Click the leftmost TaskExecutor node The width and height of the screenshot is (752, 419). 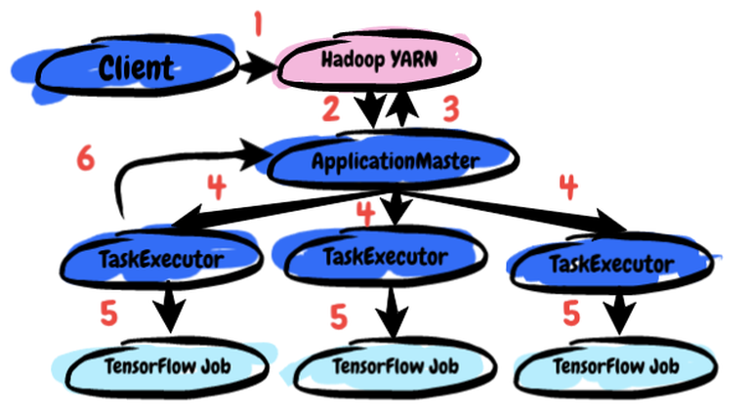click(x=162, y=259)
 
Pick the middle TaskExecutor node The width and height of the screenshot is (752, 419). click(x=385, y=257)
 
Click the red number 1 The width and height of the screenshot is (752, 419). click(x=259, y=21)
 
